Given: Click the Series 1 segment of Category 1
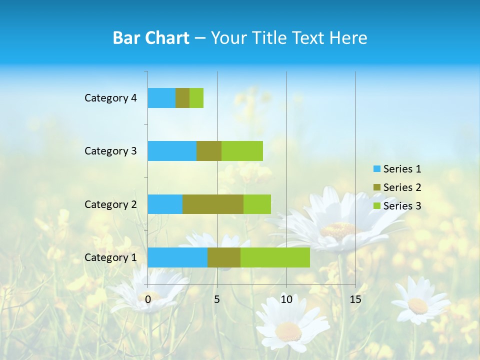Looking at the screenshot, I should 177,257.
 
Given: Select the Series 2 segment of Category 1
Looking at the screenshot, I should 224,257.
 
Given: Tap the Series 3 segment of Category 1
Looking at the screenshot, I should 275,257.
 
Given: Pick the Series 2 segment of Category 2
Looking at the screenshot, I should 213,204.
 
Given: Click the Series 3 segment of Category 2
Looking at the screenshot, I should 257,204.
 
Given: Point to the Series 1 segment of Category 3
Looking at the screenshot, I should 172,151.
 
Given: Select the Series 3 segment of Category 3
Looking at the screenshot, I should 242,151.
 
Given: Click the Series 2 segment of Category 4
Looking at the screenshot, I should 182,98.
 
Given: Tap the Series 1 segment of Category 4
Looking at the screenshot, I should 161,98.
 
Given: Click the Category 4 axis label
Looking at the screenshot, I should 110,98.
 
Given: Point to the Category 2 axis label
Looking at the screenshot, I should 110,204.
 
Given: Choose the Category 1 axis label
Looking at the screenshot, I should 110,257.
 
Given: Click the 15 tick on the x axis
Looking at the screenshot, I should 355,299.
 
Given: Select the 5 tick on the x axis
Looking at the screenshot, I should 217,299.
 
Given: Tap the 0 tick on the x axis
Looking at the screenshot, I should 148,299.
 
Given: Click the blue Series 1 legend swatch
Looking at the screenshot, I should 376,169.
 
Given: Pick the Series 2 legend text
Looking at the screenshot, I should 402,187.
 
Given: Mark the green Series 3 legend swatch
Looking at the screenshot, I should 376,206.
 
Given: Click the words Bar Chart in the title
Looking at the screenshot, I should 151,38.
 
